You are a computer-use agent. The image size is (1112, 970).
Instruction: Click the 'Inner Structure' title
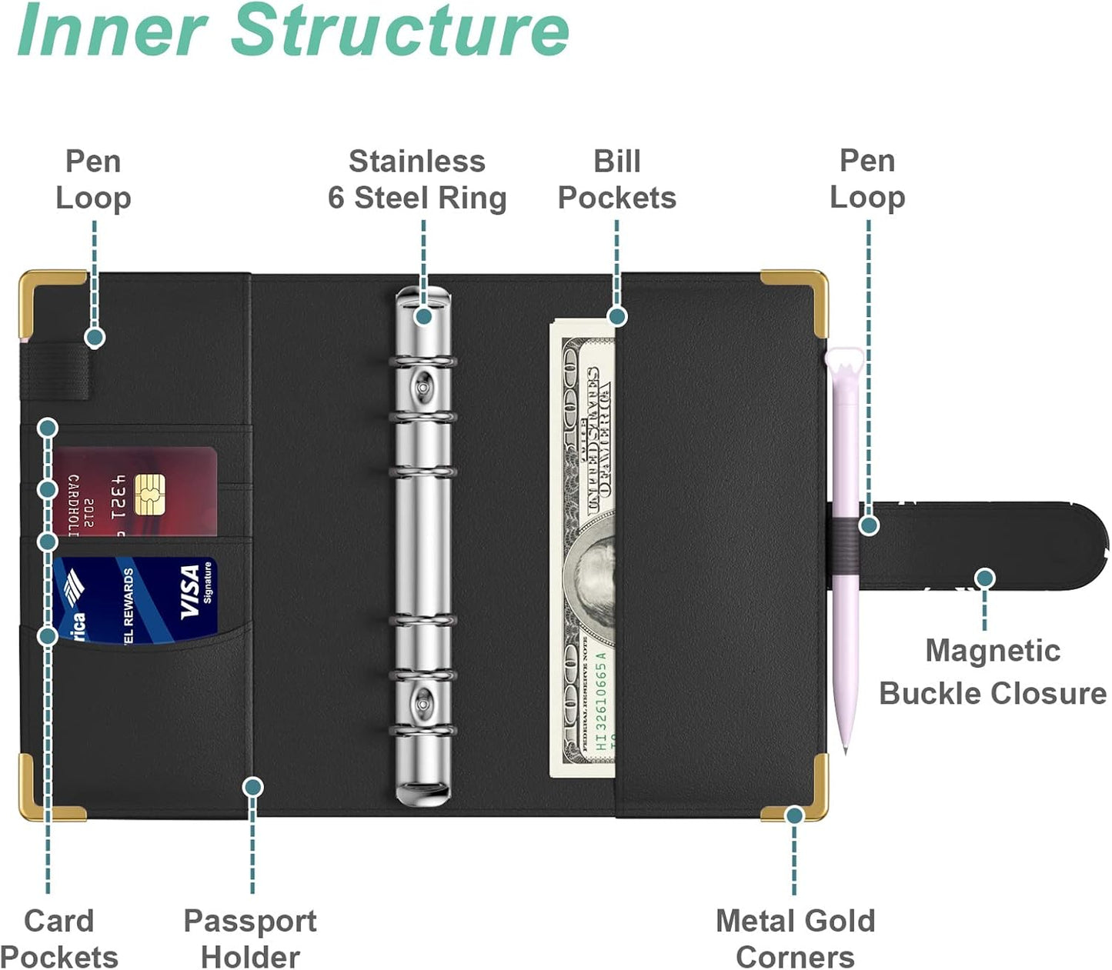292,31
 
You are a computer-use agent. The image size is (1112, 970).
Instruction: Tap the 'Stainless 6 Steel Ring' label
417,179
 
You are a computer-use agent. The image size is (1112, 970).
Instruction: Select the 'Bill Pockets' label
616,179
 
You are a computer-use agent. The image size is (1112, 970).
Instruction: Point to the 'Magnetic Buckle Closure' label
993,672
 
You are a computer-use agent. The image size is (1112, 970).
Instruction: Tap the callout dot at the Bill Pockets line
617,316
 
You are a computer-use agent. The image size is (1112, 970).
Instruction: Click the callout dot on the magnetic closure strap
984,578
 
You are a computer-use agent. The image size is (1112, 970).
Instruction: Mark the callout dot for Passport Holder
252,786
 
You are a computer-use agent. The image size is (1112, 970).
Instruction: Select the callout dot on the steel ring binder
423,315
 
